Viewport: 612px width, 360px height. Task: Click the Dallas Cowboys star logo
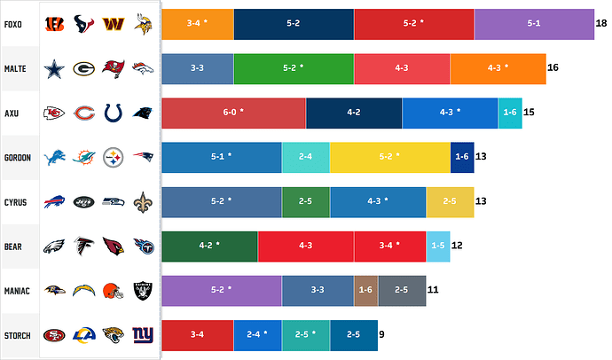(57, 68)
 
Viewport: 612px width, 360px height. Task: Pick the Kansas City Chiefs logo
(57, 113)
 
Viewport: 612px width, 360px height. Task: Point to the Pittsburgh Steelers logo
(114, 158)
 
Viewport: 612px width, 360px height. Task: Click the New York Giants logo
(144, 335)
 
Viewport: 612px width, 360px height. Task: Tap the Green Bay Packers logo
(84, 68)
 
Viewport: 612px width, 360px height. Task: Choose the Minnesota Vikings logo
(143, 24)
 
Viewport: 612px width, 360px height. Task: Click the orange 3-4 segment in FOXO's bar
(198, 23)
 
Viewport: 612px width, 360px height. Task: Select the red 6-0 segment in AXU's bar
(234, 113)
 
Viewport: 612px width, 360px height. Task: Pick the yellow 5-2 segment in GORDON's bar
(389, 157)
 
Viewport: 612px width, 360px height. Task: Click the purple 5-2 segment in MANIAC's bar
(222, 290)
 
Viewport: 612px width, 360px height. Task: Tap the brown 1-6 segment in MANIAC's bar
(365, 290)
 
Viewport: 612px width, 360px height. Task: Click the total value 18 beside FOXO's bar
(601, 23)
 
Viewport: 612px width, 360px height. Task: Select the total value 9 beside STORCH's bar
(381, 335)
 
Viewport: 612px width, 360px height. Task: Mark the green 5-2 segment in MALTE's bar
(294, 68)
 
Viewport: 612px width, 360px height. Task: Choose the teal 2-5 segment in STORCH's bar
(305, 335)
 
